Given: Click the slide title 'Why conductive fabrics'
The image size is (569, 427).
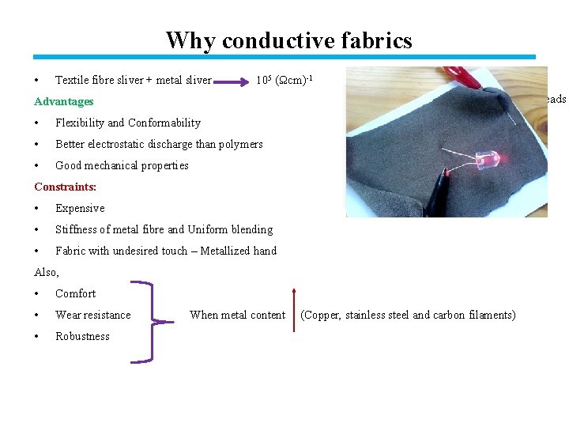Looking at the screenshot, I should pos(288,40).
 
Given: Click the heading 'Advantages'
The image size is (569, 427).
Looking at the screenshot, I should pos(64,101).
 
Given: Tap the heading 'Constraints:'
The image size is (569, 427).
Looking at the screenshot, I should pos(66,187).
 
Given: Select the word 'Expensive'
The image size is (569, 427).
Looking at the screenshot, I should pos(80,208).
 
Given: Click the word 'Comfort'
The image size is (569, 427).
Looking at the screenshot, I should pos(75,293).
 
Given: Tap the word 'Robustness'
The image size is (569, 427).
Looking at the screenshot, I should pos(82,336).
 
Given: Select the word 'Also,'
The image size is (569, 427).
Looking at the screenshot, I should pos(47,272).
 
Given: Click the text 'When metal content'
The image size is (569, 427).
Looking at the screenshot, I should pos(237,315).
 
